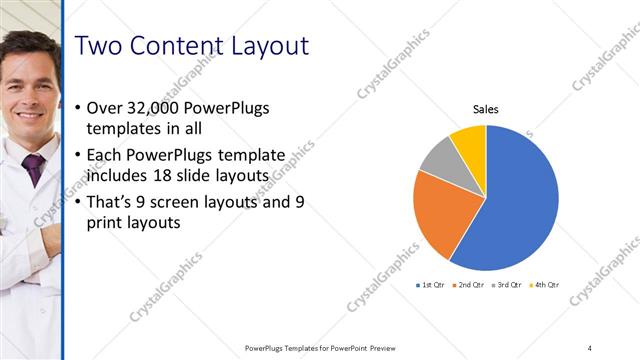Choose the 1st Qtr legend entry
point(432,285)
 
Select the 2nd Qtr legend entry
point(471,285)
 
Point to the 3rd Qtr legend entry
point(507,285)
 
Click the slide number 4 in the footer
point(590,348)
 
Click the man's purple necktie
point(34,168)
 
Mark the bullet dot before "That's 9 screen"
point(79,204)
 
